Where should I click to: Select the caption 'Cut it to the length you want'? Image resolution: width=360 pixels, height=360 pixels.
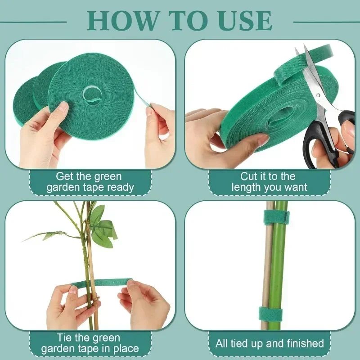[x=269, y=182]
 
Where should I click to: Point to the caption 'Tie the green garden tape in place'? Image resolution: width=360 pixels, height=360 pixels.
[x=90, y=343]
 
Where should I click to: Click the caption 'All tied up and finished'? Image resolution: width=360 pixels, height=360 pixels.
[x=269, y=343]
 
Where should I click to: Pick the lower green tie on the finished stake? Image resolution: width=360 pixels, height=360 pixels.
[x=270, y=312]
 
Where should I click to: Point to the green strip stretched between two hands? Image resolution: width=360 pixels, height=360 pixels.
[x=102, y=282]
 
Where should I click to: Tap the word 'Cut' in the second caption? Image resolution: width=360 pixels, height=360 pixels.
[x=251, y=176]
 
